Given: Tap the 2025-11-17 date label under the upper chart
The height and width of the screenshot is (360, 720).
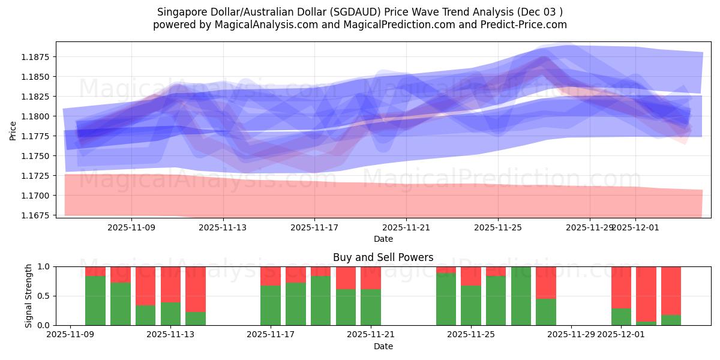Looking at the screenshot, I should coord(314,227).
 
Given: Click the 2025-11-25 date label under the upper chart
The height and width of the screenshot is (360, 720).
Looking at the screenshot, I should coord(498,227).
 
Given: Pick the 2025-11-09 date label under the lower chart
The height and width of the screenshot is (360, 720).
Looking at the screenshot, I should coord(71,335).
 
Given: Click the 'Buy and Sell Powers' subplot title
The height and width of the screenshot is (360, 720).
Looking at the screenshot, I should coord(383,257).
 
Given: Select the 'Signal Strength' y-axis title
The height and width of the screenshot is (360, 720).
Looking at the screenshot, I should coord(28,296).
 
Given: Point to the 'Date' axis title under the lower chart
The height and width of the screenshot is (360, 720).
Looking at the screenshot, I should coord(383,346).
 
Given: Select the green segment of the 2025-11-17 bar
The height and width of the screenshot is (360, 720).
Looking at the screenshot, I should coord(271,305).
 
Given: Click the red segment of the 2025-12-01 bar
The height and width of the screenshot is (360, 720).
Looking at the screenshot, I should coord(621,287).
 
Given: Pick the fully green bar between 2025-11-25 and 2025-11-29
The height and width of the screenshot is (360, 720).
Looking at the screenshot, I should coord(521,296).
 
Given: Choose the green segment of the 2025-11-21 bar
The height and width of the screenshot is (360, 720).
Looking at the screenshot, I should coord(371,307).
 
